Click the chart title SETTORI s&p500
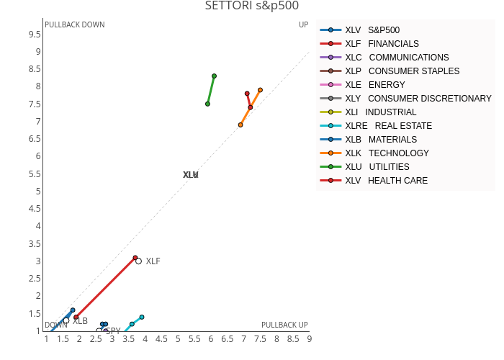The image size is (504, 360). point(251,6)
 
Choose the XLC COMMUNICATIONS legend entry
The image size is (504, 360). point(397,58)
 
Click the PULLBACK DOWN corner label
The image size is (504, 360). point(74,24)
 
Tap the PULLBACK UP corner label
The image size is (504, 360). point(284,325)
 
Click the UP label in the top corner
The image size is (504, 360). point(303,24)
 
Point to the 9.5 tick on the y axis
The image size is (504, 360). point(34,35)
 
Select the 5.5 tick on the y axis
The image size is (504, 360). point(34,174)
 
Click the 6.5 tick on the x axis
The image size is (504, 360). point(228,338)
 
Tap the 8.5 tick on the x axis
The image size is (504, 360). point(293,338)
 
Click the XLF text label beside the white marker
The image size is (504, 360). point(153,261)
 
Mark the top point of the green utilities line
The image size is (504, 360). point(214,76)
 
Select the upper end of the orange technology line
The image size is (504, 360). point(260,90)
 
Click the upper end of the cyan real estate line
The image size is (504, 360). point(142,317)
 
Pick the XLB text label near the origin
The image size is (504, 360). point(80,321)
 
